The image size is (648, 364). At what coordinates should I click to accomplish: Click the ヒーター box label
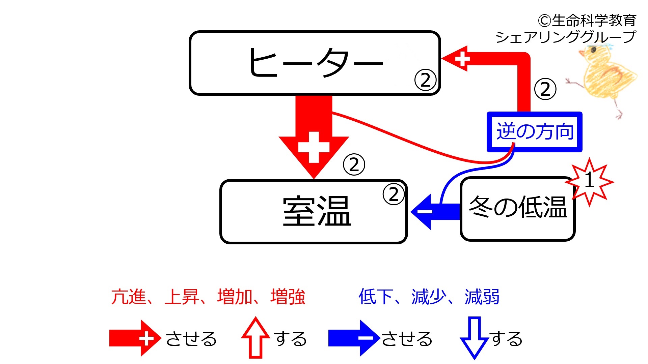click(x=316, y=62)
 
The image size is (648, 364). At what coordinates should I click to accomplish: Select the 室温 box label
click(x=317, y=211)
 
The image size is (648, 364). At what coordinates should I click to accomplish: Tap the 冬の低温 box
click(x=517, y=209)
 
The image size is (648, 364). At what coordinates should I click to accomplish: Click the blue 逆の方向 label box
click(x=535, y=132)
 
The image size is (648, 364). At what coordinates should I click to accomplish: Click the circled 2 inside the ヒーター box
click(x=425, y=80)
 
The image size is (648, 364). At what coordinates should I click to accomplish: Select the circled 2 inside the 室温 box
click(x=394, y=194)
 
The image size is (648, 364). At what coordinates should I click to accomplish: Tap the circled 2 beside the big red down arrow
click(x=354, y=165)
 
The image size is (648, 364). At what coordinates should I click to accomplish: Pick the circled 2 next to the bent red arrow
click(x=545, y=89)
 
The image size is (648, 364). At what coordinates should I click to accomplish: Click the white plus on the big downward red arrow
click(x=314, y=147)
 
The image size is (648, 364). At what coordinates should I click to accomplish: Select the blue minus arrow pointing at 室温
click(x=435, y=212)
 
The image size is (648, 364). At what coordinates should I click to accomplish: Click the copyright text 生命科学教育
click(x=594, y=21)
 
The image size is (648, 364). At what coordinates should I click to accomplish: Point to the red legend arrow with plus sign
click(x=135, y=338)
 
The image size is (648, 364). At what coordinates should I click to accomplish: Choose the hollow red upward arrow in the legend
click(x=255, y=337)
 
